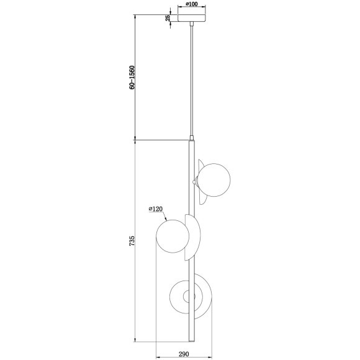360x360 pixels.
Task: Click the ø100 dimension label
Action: click(x=192, y=4)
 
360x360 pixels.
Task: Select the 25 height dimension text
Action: click(x=168, y=18)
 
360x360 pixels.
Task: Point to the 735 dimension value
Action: click(x=131, y=242)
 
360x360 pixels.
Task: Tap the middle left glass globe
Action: click(x=171, y=236)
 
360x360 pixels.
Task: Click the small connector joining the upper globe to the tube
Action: click(x=196, y=181)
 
